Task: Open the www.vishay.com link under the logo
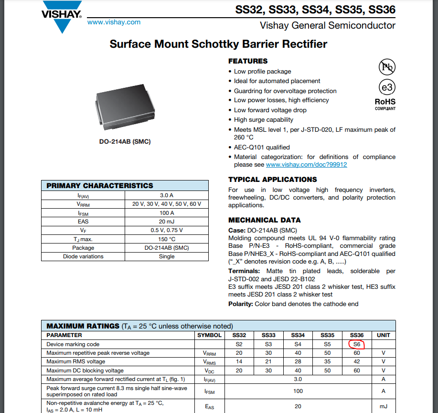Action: tap(114, 22)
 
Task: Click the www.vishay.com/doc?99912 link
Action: tap(306, 165)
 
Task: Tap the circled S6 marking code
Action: tap(356, 344)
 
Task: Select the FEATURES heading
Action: tap(248, 61)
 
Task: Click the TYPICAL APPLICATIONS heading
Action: tap(272, 180)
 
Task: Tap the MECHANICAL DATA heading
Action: tap(265, 220)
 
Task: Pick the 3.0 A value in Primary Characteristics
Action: tap(167, 195)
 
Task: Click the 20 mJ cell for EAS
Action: tap(167, 222)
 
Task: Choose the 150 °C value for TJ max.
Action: tap(167, 239)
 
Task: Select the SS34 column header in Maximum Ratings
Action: tap(298, 335)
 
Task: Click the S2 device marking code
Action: tap(239, 344)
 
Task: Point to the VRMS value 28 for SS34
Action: tap(298, 361)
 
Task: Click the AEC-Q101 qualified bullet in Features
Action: tap(262, 148)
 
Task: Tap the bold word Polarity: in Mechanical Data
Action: tap(241, 304)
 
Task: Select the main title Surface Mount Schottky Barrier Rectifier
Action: tap(218, 44)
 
